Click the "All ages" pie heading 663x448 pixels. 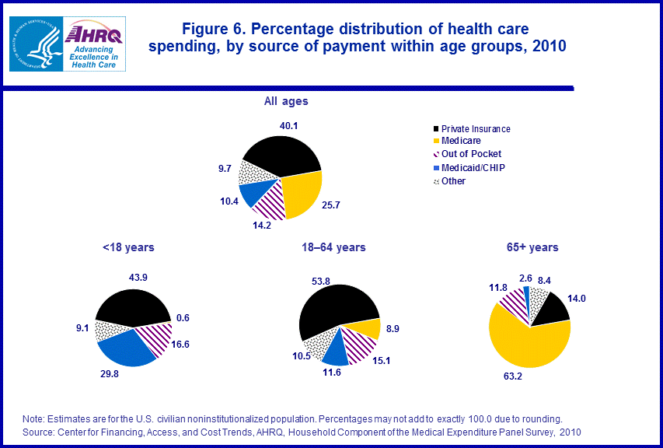click(286, 101)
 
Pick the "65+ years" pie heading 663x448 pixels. click(532, 247)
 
